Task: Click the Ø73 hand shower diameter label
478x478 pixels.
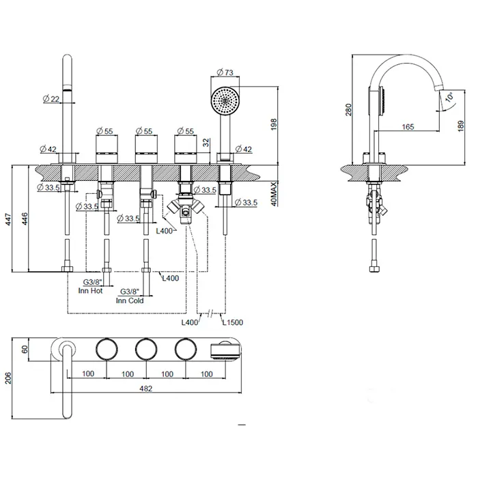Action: coord(226,72)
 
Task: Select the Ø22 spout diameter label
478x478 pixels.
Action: coord(51,99)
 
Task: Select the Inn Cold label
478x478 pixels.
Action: coord(129,300)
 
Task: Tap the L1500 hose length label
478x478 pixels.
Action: coord(232,322)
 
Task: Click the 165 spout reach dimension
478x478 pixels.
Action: coord(408,126)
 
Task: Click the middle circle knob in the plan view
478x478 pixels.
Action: coord(145,350)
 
